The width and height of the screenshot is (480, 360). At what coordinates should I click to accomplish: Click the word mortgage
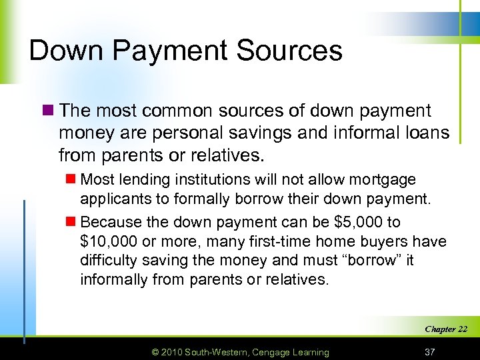[384, 180]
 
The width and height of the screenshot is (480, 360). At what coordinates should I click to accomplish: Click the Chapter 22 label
[445, 329]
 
